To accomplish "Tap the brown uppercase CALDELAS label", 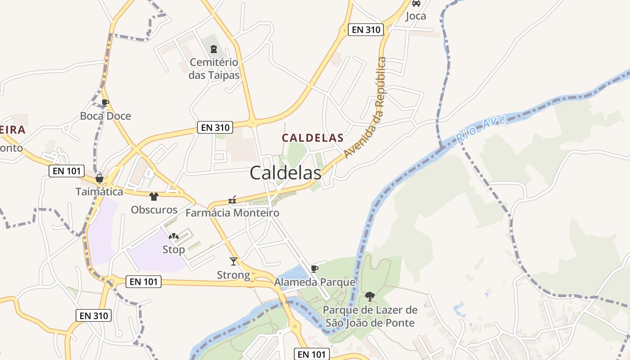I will click(x=313, y=138).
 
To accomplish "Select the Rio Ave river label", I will click(x=481, y=129).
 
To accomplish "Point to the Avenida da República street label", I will click(x=365, y=108).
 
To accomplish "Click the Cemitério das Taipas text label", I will click(x=214, y=68).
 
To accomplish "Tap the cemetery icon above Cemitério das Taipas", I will click(x=214, y=49).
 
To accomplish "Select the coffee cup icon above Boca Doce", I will click(x=105, y=103).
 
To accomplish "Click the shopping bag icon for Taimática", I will click(x=99, y=179).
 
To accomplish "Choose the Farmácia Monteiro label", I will click(x=232, y=213).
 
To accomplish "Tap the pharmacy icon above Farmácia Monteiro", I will click(x=232, y=200).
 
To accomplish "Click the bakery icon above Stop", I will click(x=173, y=236).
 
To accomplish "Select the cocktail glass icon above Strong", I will click(x=233, y=261).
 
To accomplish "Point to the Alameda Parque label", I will click(x=315, y=283).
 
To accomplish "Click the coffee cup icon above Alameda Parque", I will click(x=315, y=269).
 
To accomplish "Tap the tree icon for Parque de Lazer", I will click(x=370, y=296).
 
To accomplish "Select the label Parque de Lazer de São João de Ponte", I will click(x=370, y=316).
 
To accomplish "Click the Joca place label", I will click(x=416, y=16).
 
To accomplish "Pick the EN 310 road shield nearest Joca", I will click(x=366, y=30).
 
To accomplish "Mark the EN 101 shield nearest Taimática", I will click(x=67, y=171).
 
